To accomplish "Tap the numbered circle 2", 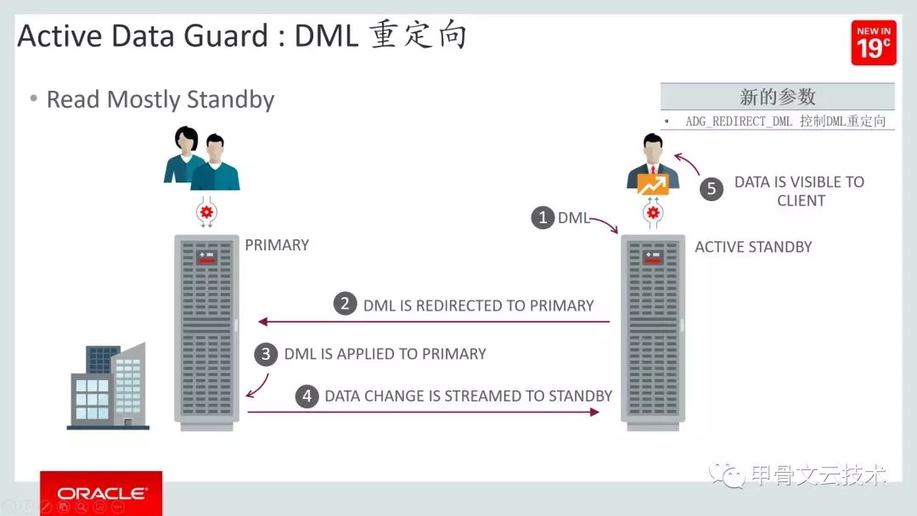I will [x=345, y=304].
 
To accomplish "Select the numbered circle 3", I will [x=266, y=354].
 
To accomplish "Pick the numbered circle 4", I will [x=307, y=395].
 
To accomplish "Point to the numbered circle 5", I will [x=712, y=189].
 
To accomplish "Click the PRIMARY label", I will [x=277, y=245].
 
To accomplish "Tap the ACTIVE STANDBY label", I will [x=753, y=247].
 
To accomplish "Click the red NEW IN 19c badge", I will [x=874, y=43].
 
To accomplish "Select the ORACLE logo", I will [x=102, y=493].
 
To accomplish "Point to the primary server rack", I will [x=206, y=331].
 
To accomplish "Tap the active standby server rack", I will [x=652, y=331].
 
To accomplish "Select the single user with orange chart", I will [x=653, y=166].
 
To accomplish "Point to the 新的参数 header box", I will [x=777, y=97].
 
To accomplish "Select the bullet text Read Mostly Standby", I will [x=160, y=100].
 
